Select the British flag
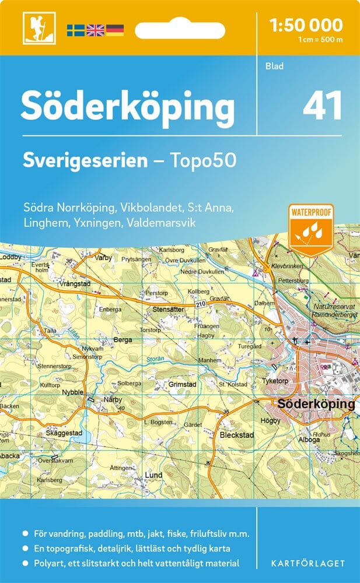95,30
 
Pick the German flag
114,30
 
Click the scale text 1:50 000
306,25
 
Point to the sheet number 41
322,106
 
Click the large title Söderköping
128,107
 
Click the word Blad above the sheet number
274,66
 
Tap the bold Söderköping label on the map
316,403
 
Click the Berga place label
123,339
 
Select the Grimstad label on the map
181,385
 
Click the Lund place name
153,475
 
